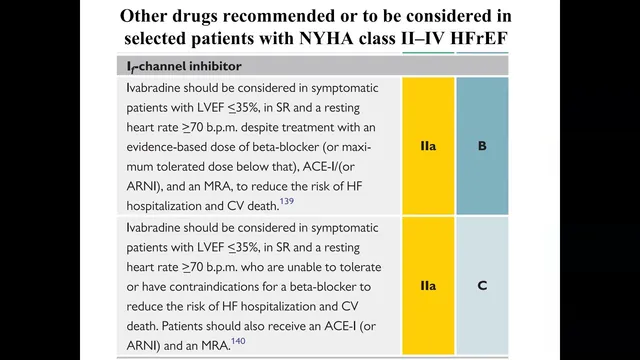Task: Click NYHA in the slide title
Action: tap(326, 38)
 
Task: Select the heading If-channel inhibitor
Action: tap(184, 67)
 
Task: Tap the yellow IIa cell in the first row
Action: tap(428, 146)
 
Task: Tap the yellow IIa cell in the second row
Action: tap(428, 285)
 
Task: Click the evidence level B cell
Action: tap(482, 146)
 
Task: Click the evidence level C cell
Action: tap(482, 285)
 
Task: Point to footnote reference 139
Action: tap(287, 201)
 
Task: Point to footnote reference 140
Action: tap(238, 341)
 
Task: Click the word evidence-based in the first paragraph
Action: tap(167, 147)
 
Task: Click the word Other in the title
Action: tap(143, 16)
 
